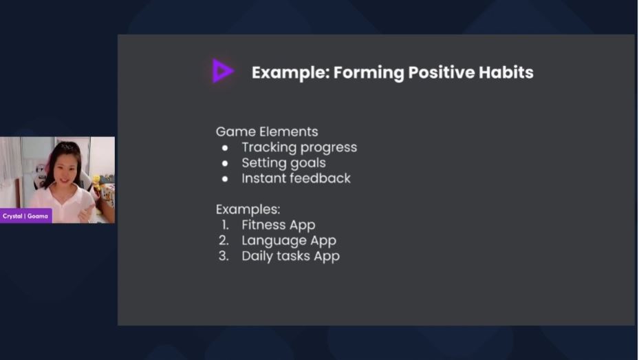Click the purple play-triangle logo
[x=222, y=70]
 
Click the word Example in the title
[x=290, y=72]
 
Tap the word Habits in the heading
[x=506, y=72]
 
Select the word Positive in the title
[x=442, y=72]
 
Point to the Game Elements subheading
[x=267, y=131]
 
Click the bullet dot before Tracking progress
[x=225, y=148]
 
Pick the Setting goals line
[x=283, y=163]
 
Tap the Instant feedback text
[x=296, y=178]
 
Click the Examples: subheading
[x=248, y=209]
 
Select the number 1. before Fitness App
[x=226, y=224]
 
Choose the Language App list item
[x=289, y=240]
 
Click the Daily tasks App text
[x=290, y=256]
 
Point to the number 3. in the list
[x=224, y=256]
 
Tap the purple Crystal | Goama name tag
[x=25, y=216]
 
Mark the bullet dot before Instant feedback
[x=225, y=179]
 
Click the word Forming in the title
[x=369, y=73]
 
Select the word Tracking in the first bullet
[x=268, y=147]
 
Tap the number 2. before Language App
[x=224, y=240]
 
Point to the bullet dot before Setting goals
[x=225, y=164]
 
